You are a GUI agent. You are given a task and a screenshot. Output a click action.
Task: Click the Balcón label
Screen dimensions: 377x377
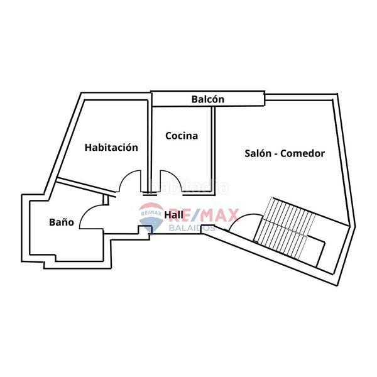(207, 99)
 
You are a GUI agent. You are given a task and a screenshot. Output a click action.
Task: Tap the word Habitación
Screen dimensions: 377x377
(111, 148)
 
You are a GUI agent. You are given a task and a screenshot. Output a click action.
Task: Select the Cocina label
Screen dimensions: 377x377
(182, 135)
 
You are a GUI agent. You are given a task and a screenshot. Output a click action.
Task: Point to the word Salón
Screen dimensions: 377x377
(258, 153)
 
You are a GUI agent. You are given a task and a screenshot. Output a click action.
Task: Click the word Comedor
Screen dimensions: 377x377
(304, 153)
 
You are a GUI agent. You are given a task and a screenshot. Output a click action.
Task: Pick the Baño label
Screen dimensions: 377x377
(62, 222)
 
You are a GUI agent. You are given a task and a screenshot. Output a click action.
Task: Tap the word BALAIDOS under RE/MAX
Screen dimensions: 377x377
(193, 227)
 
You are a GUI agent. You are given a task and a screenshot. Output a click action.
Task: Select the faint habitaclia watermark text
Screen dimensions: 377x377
(189, 187)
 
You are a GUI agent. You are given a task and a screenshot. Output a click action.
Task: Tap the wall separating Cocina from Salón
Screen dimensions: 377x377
(214, 145)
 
